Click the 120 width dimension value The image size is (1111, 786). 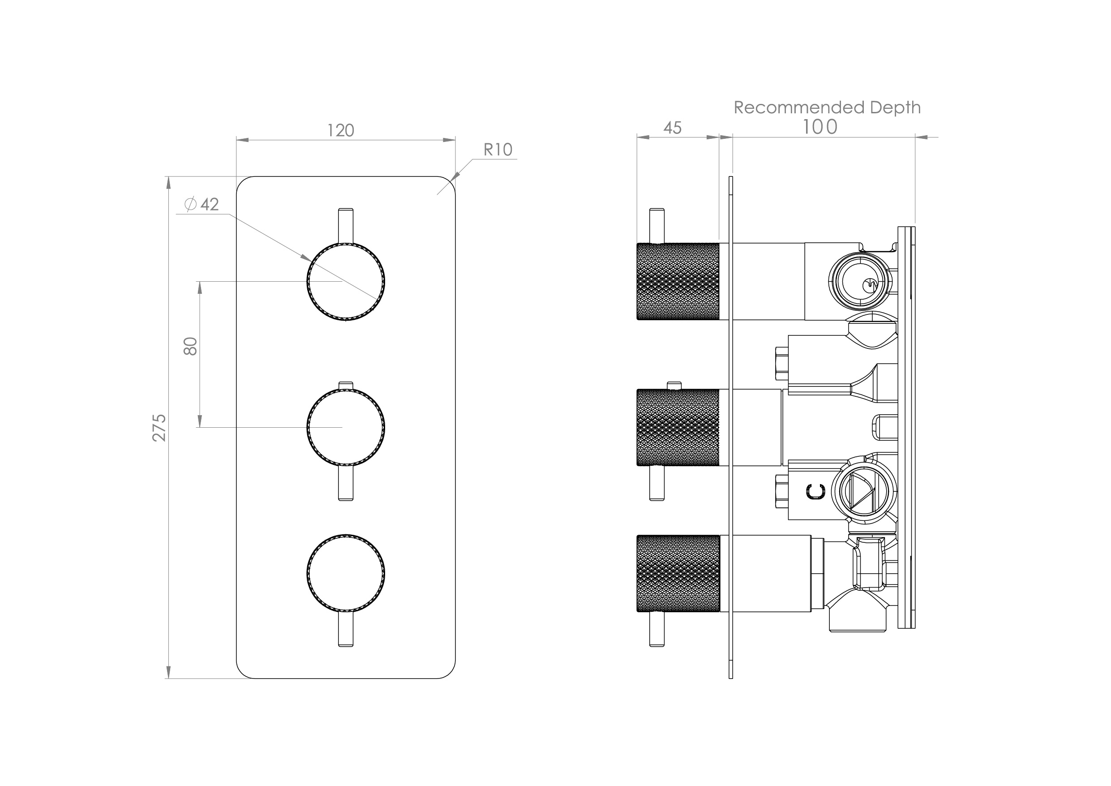click(341, 131)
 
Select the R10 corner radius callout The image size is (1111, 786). click(498, 150)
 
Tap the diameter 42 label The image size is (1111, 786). click(203, 204)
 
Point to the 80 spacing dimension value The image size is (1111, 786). click(191, 346)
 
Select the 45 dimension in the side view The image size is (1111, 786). click(672, 128)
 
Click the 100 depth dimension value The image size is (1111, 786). click(819, 127)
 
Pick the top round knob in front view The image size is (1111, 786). click(346, 282)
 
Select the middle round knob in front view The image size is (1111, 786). click(346, 427)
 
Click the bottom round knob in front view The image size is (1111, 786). click(346, 574)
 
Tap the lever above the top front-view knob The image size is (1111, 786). click(346, 225)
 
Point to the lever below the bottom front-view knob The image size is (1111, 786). click(346, 630)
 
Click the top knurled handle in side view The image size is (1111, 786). click(678, 281)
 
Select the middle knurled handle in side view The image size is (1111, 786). click(678, 427)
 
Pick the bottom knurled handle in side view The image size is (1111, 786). click(678, 574)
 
